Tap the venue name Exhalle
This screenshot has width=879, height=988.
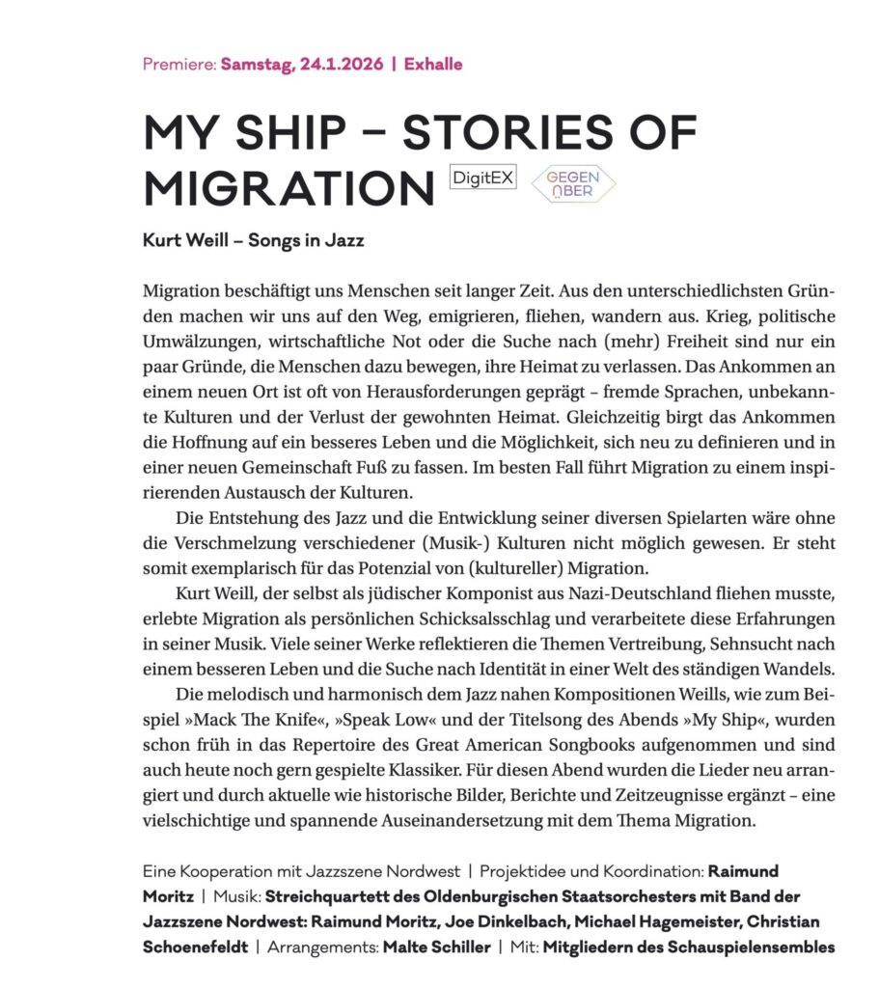click(433, 66)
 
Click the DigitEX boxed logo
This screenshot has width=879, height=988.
click(483, 178)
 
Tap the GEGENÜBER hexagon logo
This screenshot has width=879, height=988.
click(573, 184)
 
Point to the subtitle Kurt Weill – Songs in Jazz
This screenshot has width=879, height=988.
click(253, 241)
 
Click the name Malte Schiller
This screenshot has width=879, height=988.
click(436, 947)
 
